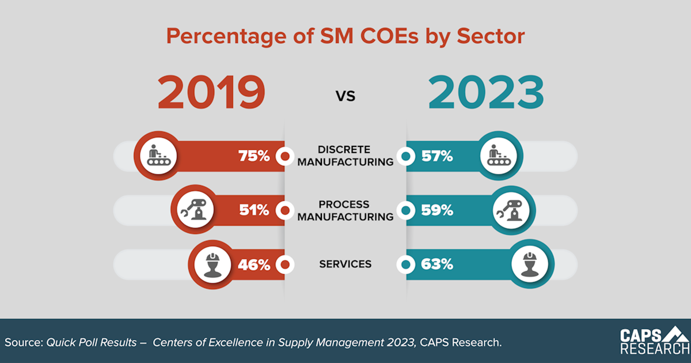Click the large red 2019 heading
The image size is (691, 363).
point(211,93)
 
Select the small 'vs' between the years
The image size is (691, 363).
point(345,96)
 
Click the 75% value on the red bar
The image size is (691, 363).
point(254,156)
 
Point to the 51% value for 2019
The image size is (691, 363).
point(254,210)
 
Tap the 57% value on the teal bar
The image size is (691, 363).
point(436,156)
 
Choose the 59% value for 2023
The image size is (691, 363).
point(436,210)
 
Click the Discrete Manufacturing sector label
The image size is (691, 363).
point(345,156)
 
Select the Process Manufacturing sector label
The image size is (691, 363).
point(345,210)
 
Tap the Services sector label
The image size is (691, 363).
point(345,264)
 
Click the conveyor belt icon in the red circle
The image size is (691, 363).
point(157,156)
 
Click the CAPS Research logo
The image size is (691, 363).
point(654,341)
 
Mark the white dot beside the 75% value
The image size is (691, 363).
point(284,156)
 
